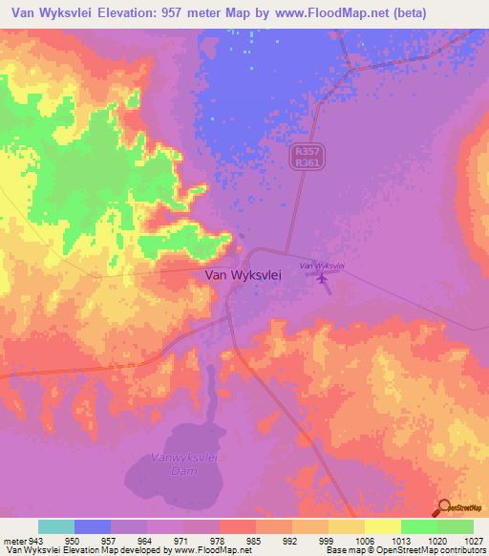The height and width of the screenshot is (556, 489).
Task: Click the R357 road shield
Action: pyautogui.click(x=304, y=151)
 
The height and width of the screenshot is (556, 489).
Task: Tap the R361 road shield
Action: pyautogui.click(x=304, y=163)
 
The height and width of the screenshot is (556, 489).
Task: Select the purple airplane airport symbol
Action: pyautogui.click(x=322, y=278)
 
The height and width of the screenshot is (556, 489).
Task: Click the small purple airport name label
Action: pyautogui.click(x=322, y=265)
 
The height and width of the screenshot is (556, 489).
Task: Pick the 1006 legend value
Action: pyautogui.click(x=364, y=540)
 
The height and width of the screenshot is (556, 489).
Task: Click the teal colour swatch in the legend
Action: pyautogui.click(x=56, y=526)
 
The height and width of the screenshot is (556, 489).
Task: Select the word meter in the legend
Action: pyautogui.click(x=14, y=540)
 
